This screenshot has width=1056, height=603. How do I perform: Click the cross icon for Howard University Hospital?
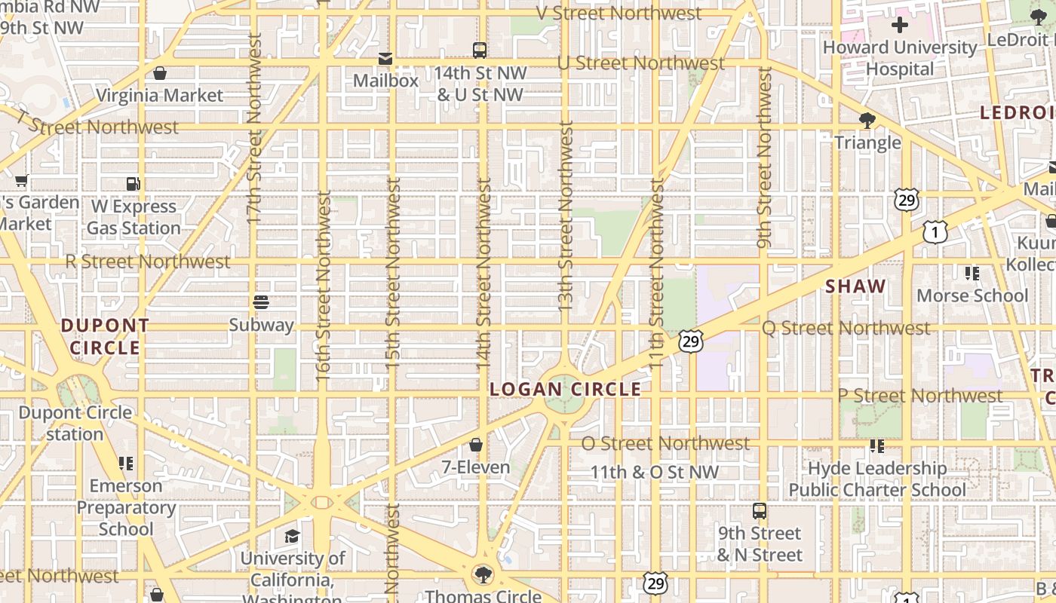point(899,25)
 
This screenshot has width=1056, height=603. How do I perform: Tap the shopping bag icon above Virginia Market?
point(159,73)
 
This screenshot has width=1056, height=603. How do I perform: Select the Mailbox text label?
point(385,80)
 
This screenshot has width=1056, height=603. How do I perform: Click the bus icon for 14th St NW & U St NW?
point(480,51)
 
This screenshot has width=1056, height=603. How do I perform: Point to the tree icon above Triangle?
point(867,120)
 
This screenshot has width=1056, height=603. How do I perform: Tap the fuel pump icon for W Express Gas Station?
point(133,183)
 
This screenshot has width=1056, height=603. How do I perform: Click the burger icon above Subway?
point(261,302)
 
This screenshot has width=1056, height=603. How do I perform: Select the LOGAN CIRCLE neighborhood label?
point(565,389)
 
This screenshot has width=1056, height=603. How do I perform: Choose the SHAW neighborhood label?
point(855,286)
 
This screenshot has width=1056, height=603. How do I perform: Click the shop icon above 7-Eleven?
point(476,445)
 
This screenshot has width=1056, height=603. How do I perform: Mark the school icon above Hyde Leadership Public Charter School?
point(876,445)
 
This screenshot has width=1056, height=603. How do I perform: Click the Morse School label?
point(972,295)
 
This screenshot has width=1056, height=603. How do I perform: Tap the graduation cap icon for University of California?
point(292,536)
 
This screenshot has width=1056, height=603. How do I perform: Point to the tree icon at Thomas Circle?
point(483,575)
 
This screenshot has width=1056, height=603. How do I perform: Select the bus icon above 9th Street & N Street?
point(760,511)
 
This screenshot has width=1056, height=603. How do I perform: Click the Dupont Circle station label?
point(75,423)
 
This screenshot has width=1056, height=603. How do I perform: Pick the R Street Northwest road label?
point(148,262)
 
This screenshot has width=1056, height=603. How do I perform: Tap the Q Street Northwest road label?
point(846,328)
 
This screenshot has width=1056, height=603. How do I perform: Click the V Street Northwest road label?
point(619,13)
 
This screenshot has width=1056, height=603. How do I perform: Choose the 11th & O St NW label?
point(654,472)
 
